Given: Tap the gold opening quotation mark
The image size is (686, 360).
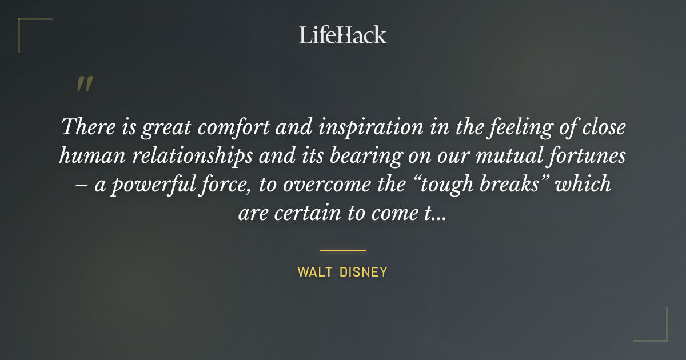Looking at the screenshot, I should point(85,85).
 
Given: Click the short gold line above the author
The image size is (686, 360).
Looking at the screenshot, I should point(343,250).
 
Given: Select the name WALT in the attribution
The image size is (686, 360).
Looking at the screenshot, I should point(314,273).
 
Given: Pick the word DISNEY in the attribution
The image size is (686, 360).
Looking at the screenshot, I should point(364,273).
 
